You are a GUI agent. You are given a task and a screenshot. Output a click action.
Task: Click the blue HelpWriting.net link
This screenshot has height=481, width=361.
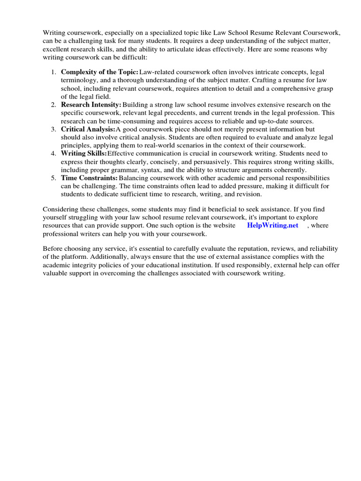pos(273,225)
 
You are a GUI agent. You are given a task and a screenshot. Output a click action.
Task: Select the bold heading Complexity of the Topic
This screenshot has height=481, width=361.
pos(100,72)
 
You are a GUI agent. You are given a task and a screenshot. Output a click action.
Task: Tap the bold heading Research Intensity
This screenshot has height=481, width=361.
pos(91,104)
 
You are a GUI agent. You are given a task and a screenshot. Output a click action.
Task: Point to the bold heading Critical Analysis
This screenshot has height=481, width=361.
pos(88,129)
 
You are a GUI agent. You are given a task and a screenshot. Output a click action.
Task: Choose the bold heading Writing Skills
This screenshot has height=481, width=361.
pos(84,153)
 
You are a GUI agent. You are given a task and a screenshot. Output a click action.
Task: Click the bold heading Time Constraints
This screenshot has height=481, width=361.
pos(89,178)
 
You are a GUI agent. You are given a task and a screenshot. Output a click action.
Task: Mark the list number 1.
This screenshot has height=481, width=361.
pos(53,72)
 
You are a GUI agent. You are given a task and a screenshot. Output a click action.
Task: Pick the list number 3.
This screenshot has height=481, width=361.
pos(53,129)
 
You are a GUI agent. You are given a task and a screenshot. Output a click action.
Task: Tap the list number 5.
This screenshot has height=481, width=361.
pos(53,178)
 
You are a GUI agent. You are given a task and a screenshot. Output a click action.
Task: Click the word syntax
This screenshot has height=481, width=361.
pos(163,170)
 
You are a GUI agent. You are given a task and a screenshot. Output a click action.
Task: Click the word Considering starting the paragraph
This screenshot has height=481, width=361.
pos(61,209)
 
